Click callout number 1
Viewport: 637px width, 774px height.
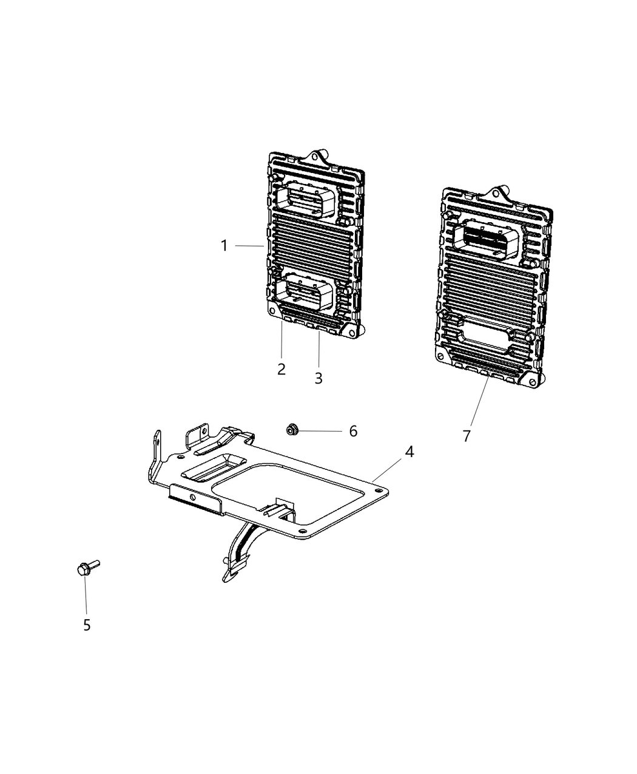point(224,246)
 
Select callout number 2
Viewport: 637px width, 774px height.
point(281,368)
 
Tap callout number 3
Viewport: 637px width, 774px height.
point(318,378)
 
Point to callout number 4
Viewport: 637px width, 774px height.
point(410,452)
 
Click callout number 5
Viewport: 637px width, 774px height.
point(87,625)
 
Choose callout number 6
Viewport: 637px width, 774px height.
point(353,431)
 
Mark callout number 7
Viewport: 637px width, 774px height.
point(467,436)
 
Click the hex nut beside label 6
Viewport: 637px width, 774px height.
point(291,430)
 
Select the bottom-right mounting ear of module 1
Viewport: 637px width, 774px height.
point(352,330)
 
